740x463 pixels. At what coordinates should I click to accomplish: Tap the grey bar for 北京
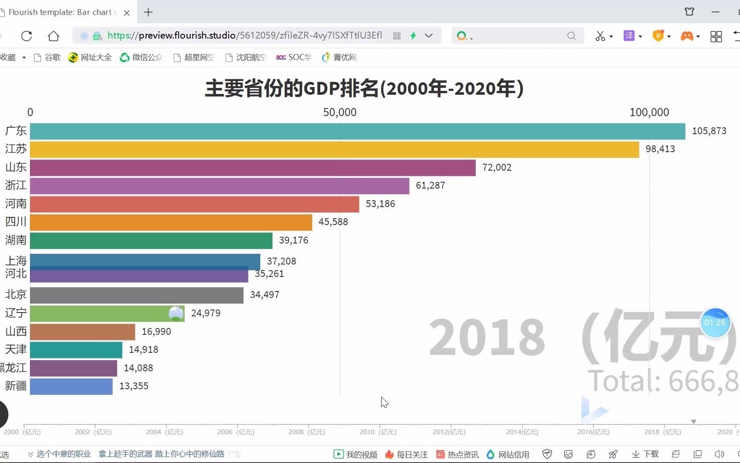click(137, 295)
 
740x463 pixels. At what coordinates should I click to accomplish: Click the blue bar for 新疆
click(71, 386)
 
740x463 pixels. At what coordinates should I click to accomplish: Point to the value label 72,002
click(497, 168)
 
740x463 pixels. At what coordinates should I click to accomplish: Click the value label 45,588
click(333, 222)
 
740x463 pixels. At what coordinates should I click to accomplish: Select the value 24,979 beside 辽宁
click(206, 313)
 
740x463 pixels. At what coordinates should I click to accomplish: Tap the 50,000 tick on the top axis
click(340, 112)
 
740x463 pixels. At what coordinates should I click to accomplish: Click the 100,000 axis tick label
click(649, 112)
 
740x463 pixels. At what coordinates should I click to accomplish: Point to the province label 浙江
click(16, 185)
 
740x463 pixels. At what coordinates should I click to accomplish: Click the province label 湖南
click(16, 240)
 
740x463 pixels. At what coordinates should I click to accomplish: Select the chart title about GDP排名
click(364, 89)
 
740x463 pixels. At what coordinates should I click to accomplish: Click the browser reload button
click(27, 36)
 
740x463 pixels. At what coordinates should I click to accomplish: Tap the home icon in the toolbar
click(54, 36)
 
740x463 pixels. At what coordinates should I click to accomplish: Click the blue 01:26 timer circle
click(715, 322)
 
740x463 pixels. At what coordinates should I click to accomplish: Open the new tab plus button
click(148, 12)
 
